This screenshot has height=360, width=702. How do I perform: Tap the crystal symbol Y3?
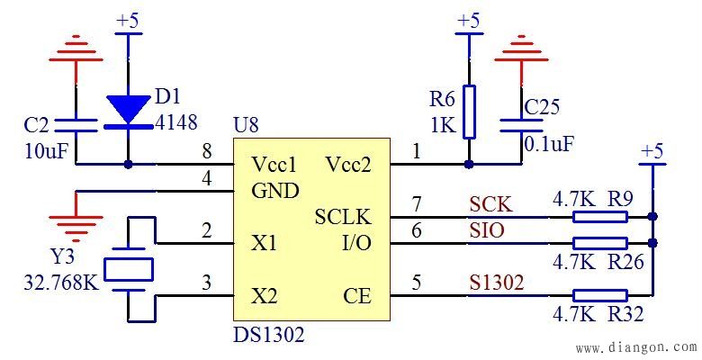point(129,268)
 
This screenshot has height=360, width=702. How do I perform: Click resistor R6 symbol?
point(468,111)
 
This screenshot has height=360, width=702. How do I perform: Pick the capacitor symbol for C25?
point(521,123)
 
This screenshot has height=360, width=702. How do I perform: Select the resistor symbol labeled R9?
point(599,217)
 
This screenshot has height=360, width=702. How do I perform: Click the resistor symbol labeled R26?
point(599,243)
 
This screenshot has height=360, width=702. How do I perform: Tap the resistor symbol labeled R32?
point(599,294)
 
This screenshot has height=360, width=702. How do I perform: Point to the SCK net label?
point(490,205)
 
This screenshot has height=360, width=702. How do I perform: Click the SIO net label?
point(487,231)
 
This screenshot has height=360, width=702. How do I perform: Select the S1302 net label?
point(496,283)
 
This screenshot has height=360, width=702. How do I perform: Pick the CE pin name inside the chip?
point(356,295)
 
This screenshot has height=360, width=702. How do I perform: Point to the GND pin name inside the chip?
point(275,191)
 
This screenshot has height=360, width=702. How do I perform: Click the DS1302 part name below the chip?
point(269,336)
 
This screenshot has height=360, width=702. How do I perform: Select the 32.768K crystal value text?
point(61,285)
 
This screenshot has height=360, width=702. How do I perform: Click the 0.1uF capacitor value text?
point(550,143)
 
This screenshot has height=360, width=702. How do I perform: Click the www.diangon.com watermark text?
point(635,347)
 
